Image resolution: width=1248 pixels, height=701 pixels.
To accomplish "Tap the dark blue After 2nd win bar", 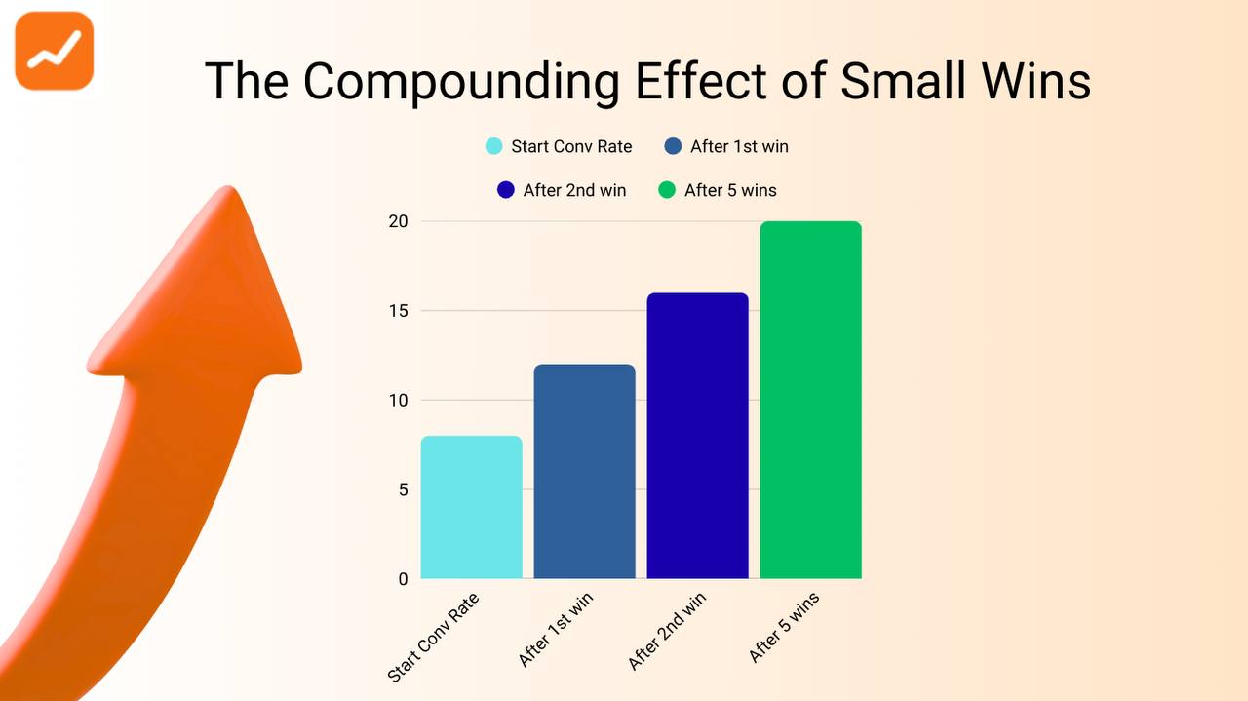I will tap(698, 436).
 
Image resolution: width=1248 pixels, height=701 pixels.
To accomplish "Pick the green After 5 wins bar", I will tap(811, 400).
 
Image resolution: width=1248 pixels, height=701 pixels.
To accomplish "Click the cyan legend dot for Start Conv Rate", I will tap(494, 147).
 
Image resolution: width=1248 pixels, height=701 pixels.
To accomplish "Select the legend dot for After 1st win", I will tap(673, 147).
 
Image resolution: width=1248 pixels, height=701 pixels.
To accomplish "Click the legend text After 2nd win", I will tap(574, 190).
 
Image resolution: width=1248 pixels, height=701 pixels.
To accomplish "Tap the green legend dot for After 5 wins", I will tap(667, 190).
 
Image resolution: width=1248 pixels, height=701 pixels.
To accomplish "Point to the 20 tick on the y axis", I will tap(399, 222).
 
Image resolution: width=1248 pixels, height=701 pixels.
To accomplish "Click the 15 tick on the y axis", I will tap(399, 311).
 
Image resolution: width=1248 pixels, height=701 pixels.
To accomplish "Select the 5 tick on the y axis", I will tap(403, 489).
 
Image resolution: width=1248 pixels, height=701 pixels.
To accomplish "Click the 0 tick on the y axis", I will tap(403, 579).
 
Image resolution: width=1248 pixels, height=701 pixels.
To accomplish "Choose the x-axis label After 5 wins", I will tap(784, 627).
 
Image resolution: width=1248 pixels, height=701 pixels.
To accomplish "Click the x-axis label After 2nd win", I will tap(667, 631).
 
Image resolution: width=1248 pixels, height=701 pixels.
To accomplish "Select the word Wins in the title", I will tap(1035, 80).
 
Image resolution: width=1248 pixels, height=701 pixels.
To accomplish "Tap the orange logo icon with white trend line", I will tap(55, 51).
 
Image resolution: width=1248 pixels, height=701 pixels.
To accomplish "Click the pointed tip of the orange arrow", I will tap(229, 189).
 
